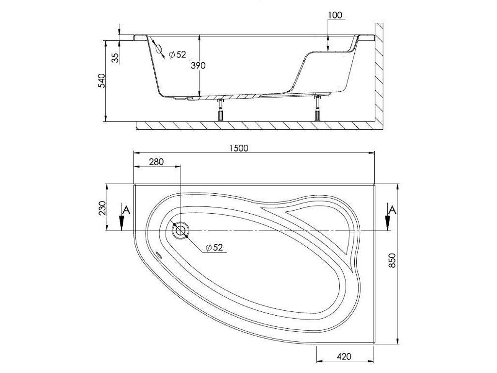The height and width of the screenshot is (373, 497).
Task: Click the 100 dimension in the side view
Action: (x=335, y=15)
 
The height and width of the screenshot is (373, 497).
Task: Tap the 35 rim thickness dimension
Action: (x=115, y=57)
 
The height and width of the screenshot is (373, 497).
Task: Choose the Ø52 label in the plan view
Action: (x=214, y=248)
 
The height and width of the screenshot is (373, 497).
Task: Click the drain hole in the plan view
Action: (x=181, y=230)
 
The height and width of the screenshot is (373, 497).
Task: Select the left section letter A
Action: (x=126, y=210)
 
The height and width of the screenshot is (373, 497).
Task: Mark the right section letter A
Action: (x=394, y=210)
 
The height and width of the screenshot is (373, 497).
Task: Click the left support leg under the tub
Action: (x=221, y=111)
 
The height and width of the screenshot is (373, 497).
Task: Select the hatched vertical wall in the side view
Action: (x=380, y=73)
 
